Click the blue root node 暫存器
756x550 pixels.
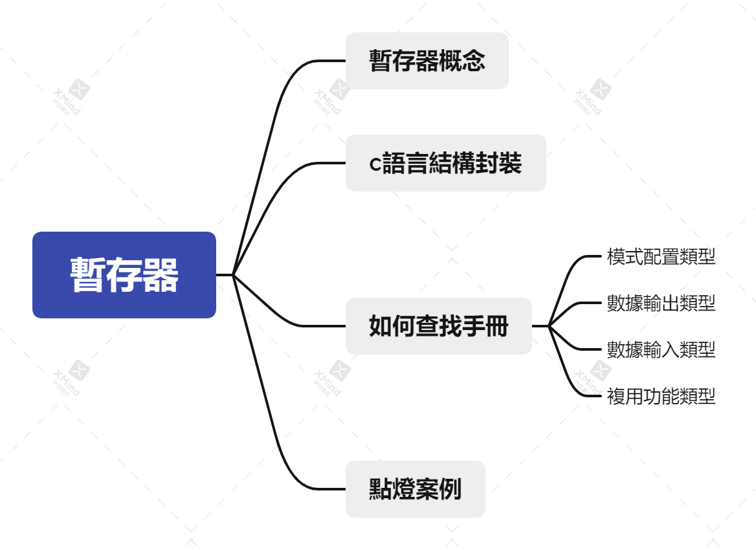124,275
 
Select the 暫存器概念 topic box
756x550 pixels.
427,61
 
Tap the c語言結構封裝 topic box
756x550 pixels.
445,163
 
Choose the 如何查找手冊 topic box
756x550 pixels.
438,326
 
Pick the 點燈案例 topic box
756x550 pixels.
415,489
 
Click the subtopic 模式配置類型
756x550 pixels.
661,256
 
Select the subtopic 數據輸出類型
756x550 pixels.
661,303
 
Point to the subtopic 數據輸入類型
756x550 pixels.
661,349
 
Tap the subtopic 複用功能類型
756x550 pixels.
661,396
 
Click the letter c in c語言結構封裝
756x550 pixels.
375,164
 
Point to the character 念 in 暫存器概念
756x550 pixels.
474,61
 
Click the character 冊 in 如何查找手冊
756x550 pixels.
497,326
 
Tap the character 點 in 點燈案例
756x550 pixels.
380,489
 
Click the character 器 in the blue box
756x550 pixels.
161,275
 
